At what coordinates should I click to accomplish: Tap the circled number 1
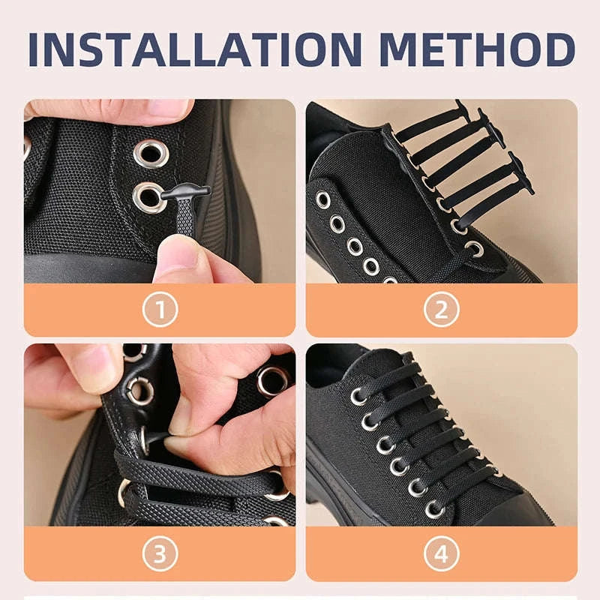point(160,309)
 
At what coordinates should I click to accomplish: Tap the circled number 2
point(441,309)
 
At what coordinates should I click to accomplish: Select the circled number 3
point(160,554)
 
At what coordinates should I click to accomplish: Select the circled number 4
point(441,554)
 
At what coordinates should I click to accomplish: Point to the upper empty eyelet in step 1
point(151,153)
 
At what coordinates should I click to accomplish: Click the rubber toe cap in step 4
point(525,510)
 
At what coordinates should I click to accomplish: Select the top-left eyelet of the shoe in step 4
point(358,395)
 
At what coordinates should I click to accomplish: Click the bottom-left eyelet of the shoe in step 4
point(434,510)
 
